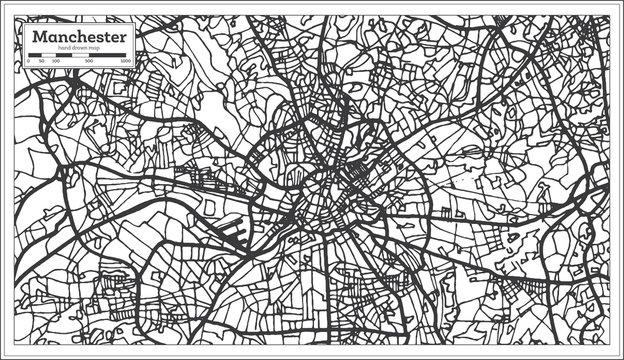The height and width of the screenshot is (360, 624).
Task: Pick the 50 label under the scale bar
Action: pos(41,62)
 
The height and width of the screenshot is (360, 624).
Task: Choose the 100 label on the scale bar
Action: pos(55,62)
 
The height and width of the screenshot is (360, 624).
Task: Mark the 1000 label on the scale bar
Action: pos(126,62)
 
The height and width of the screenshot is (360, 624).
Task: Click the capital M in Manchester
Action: pos(38,37)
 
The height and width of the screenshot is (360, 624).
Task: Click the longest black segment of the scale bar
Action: pos(108,56)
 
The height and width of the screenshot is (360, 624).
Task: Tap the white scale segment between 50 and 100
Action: pos(48,56)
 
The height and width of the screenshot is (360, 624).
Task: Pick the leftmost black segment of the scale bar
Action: pos(36,56)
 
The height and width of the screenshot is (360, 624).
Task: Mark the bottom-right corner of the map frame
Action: pos(609,345)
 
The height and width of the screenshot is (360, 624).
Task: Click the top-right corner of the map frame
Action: pos(609,14)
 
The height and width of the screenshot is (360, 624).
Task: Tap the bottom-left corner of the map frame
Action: pos(14,345)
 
